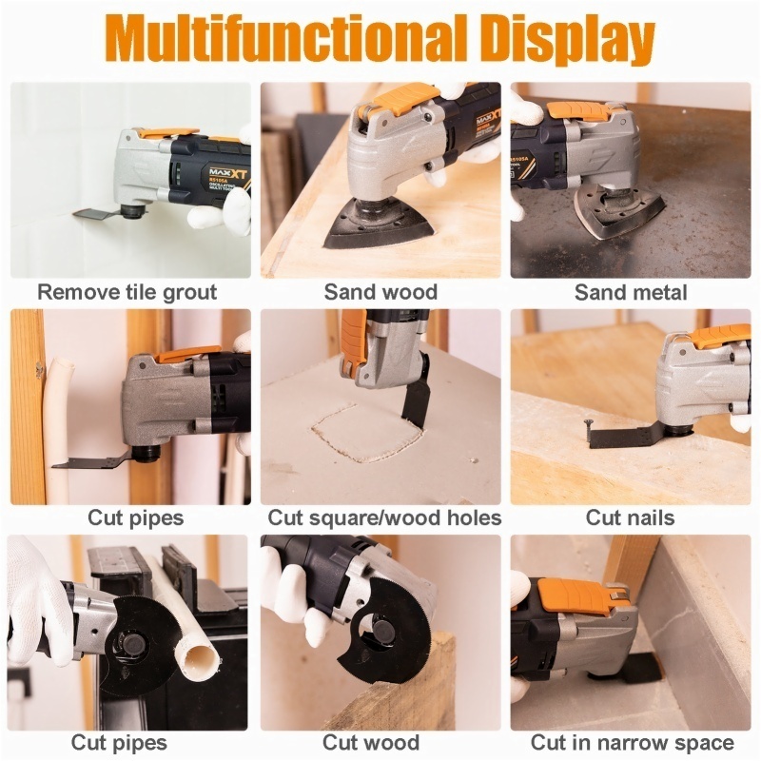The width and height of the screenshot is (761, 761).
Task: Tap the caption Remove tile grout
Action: click(127, 292)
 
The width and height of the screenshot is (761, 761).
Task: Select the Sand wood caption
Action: click(380, 292)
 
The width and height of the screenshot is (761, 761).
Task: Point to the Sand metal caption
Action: click(631, 292)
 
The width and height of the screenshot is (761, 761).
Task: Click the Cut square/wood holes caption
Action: click(384, 517)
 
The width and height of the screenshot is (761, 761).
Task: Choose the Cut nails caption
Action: click(630, 517)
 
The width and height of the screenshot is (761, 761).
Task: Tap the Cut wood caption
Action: click(372, 742)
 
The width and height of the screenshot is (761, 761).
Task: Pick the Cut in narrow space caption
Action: click(632, 742)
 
